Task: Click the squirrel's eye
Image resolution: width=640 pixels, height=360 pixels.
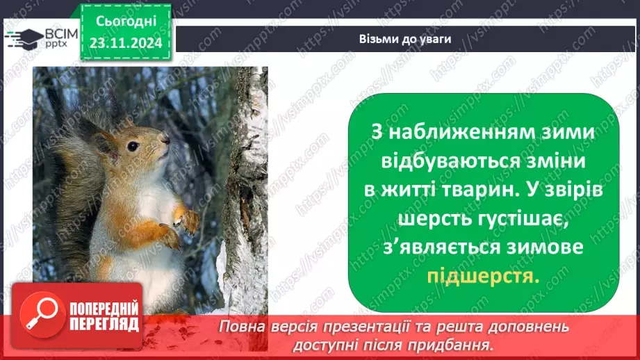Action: (x=132, y=146)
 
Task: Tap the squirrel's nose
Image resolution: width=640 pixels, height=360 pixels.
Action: (x=166, y=139)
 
